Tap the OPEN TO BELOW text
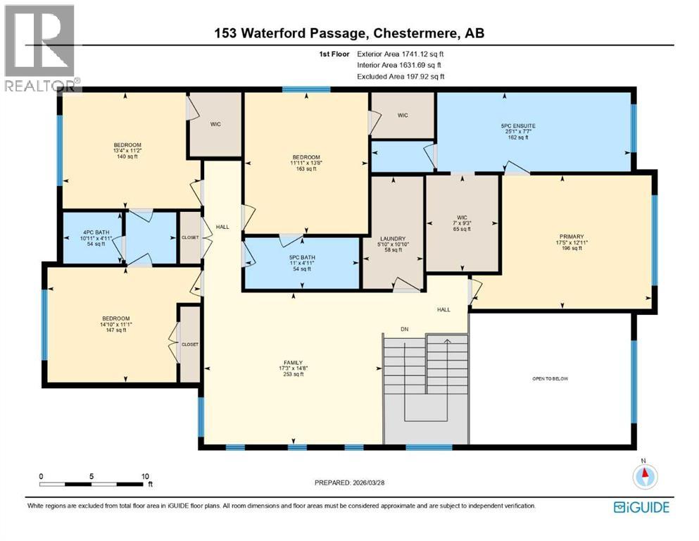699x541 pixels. [550, 379]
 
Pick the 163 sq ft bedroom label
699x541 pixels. [306, 157]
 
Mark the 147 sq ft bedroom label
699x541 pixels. [115, 318]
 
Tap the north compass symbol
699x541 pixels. [643, 477]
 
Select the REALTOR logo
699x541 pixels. [41, 46]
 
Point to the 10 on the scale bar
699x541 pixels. [144, 476]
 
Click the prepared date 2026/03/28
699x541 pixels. [349, 483]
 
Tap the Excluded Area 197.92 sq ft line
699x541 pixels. [401, 76]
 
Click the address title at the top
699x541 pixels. [349, 32]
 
